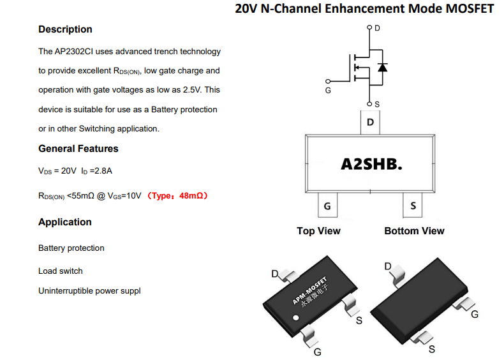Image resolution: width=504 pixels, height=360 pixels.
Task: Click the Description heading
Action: pyautogui.click(x=65, y=29)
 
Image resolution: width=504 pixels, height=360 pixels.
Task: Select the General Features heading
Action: pyautogui.click(x=78, y=149)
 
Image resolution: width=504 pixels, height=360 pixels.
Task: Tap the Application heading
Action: pyautogui.click(x=65, y=222)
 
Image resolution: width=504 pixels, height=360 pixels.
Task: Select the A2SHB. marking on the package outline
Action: pyautogui.click(x=371, y=164)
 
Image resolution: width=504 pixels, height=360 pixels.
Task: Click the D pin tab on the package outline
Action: pyautogui.click(x=370, y=123)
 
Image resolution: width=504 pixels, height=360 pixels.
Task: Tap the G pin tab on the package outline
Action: pyautogui.click(x=327, y=206)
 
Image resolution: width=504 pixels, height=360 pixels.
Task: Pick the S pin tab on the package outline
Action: pyautogui.click(x=413, y=206)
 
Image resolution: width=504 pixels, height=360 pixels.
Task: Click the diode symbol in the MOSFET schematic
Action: pyautogui.click(x=383, y=68)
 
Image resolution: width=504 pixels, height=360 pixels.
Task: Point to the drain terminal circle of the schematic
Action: pyautogui.click(x=369, y=27)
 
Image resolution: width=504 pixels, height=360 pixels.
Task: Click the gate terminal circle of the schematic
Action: pyautogui.click(x=328, y=82)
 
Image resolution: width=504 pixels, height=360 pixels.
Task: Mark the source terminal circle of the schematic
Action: pyautogui.click(x=369, y=103)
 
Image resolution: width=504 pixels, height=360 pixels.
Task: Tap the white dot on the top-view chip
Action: pyautogui.click(x=296, y=318)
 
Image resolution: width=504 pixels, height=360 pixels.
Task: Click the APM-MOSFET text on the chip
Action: pyautogui.click(x=309, y=290)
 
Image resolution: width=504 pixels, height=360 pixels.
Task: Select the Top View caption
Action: pyautogui.click(x=318, y=231)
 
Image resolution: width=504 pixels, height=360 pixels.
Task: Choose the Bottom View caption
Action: pyautogui.click(x=414, y=231)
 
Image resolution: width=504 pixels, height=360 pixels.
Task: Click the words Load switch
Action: pyautogui.click(x=61, y=271)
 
